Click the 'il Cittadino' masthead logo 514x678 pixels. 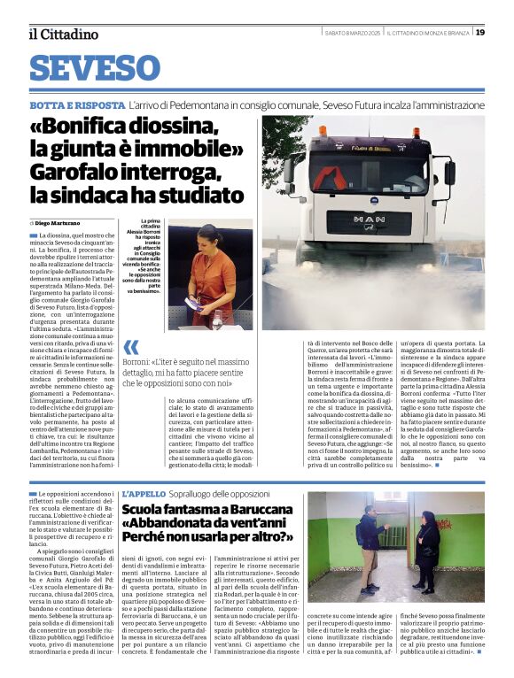point(63,34)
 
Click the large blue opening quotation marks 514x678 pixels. point(131,348)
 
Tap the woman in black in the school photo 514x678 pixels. point(427,549)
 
